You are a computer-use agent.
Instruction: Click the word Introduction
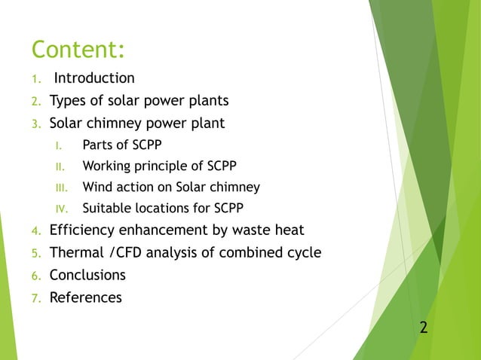94,78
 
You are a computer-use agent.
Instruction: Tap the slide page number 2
423,327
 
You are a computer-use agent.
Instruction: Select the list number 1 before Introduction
35,79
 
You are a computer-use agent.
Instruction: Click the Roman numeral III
65,188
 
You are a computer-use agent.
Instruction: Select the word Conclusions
87,275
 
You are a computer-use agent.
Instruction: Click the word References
85,297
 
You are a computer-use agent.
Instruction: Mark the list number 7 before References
35,298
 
